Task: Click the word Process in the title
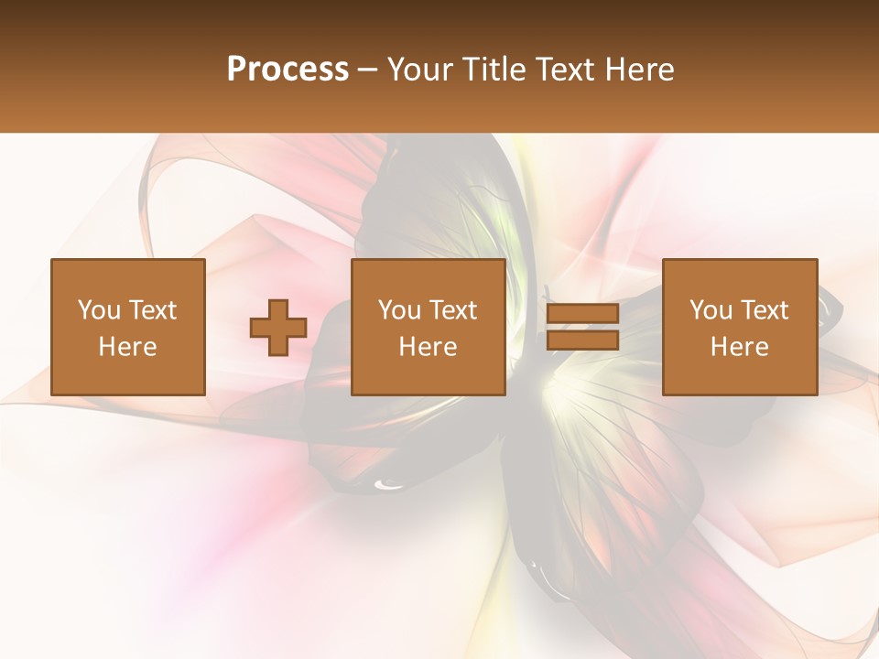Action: [x=288, y=70]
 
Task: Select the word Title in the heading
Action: [x=494, y=70]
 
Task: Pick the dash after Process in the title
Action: [x=368, y=71]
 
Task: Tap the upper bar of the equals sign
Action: [x=582, y=314]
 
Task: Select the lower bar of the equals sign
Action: [x=582, y=340]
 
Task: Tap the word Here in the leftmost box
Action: [x=127, y=347]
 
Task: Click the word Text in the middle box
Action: [x=451, y=310]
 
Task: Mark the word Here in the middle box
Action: [x=428, y=347]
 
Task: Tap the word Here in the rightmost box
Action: [x=739, y=347]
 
